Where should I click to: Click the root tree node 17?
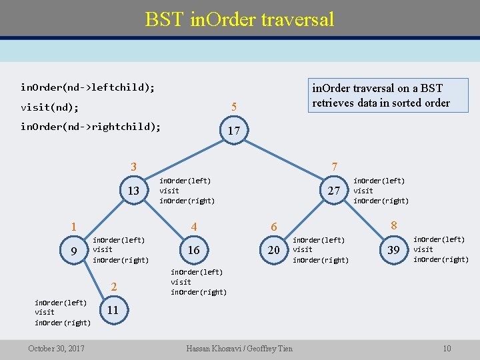point(233,131)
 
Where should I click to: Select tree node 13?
point(133,191)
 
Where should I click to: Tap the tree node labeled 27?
point(335,191)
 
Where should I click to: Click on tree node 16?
point(193,250)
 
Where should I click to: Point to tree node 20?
point(273,250)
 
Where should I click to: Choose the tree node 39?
point(393,250)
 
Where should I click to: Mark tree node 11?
point(113,310)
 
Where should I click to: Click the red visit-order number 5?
point(233,107)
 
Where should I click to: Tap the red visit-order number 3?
point(133,167)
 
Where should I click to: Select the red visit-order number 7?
point(335,166)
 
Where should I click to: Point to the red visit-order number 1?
point(74,227)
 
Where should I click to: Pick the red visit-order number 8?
point(393,225)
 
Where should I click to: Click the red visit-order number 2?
point(114,287)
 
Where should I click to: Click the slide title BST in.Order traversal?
point(239,19)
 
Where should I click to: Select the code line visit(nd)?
point(49,107)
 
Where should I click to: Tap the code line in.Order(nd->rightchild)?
point(91,127)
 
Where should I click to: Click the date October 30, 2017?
point(56,349)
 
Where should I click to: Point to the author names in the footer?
point(239,349)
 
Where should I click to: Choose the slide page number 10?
point(447,349)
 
